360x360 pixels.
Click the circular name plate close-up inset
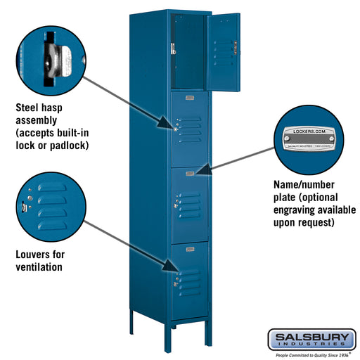coord(310,139)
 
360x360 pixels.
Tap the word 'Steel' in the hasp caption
coord(28,108)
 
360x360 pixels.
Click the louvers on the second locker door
coord(191,127)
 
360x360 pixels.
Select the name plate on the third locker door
coord(191,170)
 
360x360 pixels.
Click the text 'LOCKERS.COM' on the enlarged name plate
coord(310,131)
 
